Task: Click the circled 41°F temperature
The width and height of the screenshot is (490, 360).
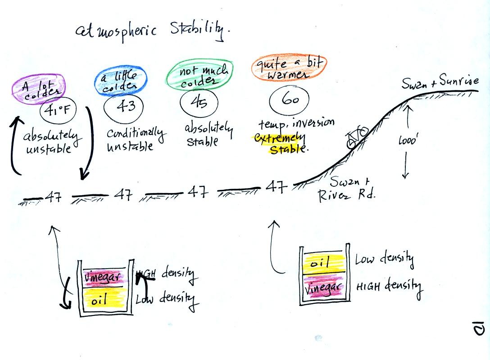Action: click(x=58, y=110)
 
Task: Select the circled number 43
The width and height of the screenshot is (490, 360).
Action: click(x=124, y=107)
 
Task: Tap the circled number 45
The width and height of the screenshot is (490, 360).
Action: click(x=199, y=102)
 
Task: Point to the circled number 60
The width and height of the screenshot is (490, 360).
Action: click(x=289, y=99)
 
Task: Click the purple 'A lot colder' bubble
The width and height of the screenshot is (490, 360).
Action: click(x=39, y=89)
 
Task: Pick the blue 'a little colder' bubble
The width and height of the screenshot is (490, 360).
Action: click(x=121, y=81)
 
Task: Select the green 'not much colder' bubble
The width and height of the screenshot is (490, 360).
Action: click(x=200, y=75)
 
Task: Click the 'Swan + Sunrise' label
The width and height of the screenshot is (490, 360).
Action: click(x=440, y=82)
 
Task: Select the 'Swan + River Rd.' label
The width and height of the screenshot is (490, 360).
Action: click(x=347, y=189)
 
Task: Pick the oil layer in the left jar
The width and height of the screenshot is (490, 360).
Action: click(x=104, y=298)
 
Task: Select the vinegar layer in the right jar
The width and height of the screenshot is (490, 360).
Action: click(x=324, y=287)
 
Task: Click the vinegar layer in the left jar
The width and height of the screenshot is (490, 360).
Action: click(x=104, y=278)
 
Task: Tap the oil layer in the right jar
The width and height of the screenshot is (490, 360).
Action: click(x=324, y=264)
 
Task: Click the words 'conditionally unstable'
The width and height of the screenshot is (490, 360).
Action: click(x=135, y=139)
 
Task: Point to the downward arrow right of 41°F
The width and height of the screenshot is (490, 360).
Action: click(x=90, y=143)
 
